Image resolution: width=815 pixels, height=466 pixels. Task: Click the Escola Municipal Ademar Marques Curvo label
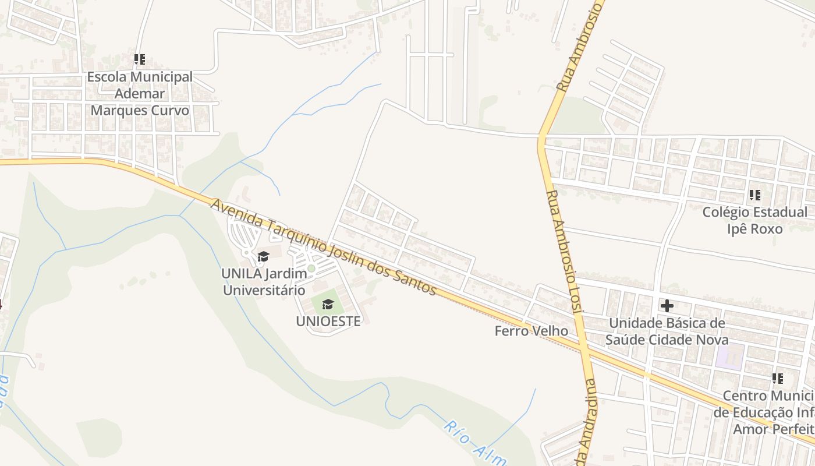(x=140, y=93)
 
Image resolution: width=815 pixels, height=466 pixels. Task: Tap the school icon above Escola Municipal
(x=140, y=59)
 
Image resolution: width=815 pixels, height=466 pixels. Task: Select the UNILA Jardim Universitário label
(x=263, y=281)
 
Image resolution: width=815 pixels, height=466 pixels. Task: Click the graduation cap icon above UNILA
(x=263, y=256)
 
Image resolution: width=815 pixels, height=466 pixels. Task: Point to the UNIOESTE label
(x=328, y=321)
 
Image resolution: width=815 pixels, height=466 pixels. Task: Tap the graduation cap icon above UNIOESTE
(x=328, y=304)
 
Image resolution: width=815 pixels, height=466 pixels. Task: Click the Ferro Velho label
(x=531, y=331)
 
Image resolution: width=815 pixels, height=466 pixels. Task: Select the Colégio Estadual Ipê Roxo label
(x=754, y=220)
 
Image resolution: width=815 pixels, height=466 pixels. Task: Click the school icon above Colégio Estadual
(x=754, y=195)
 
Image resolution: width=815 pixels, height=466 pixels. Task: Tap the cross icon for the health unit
(x=667, y=305)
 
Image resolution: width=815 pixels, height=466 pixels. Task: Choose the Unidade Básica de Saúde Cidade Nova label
(x=667, y=331)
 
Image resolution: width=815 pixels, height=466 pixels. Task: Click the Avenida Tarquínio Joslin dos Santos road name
(x=323, y=247)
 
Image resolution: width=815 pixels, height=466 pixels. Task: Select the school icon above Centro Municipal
(x=778, y=379)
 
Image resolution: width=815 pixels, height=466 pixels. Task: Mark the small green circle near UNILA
(x=311, y=269)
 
